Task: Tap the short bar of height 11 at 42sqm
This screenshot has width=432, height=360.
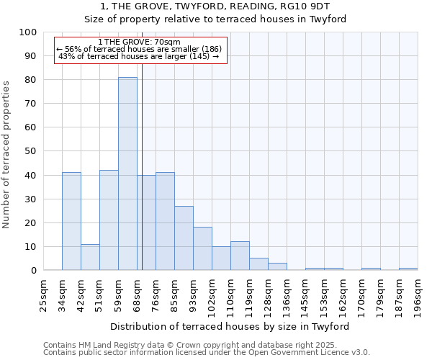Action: pyautogui.click(x=90, y=257)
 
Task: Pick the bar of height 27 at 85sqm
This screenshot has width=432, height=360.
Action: pyautogui.click(x=184, y=238)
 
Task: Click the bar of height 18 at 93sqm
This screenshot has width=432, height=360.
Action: pyautogui.click(x=202, y=249)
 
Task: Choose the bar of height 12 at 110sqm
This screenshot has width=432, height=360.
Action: pyautogui.click(x=240, y=256)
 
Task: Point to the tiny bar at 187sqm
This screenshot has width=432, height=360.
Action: pyautogui.click(x=408, y=269)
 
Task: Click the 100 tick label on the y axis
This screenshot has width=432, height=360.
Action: pyautogui.click(x=28, y=32)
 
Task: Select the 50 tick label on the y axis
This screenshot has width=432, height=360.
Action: pyautogui.click(x=31, y=151)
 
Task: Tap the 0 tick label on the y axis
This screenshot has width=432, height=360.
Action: pyautogui.click(x=34, y=271)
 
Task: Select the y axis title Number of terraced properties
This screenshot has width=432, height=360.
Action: pyautogui.click(x=6, y=155)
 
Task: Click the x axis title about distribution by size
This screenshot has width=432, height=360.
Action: pyautogui.click(x=230, y=326)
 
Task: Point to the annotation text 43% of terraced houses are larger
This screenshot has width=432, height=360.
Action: pyautogui.click(x=139, y=56)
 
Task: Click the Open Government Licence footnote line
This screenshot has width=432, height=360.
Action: pyautogui.click(x=206, y=352)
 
